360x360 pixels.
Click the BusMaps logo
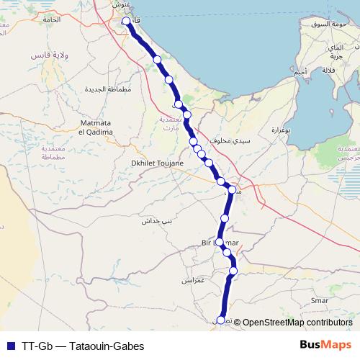(x=325, y=345)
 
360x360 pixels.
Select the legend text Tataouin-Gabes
(x=107, y=346)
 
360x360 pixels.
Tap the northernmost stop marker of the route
(x=127, y=22)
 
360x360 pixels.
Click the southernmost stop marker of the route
(x=221, y=320)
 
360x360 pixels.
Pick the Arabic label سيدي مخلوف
(x=231, y=141)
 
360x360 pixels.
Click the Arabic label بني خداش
(x=157, y=221)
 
